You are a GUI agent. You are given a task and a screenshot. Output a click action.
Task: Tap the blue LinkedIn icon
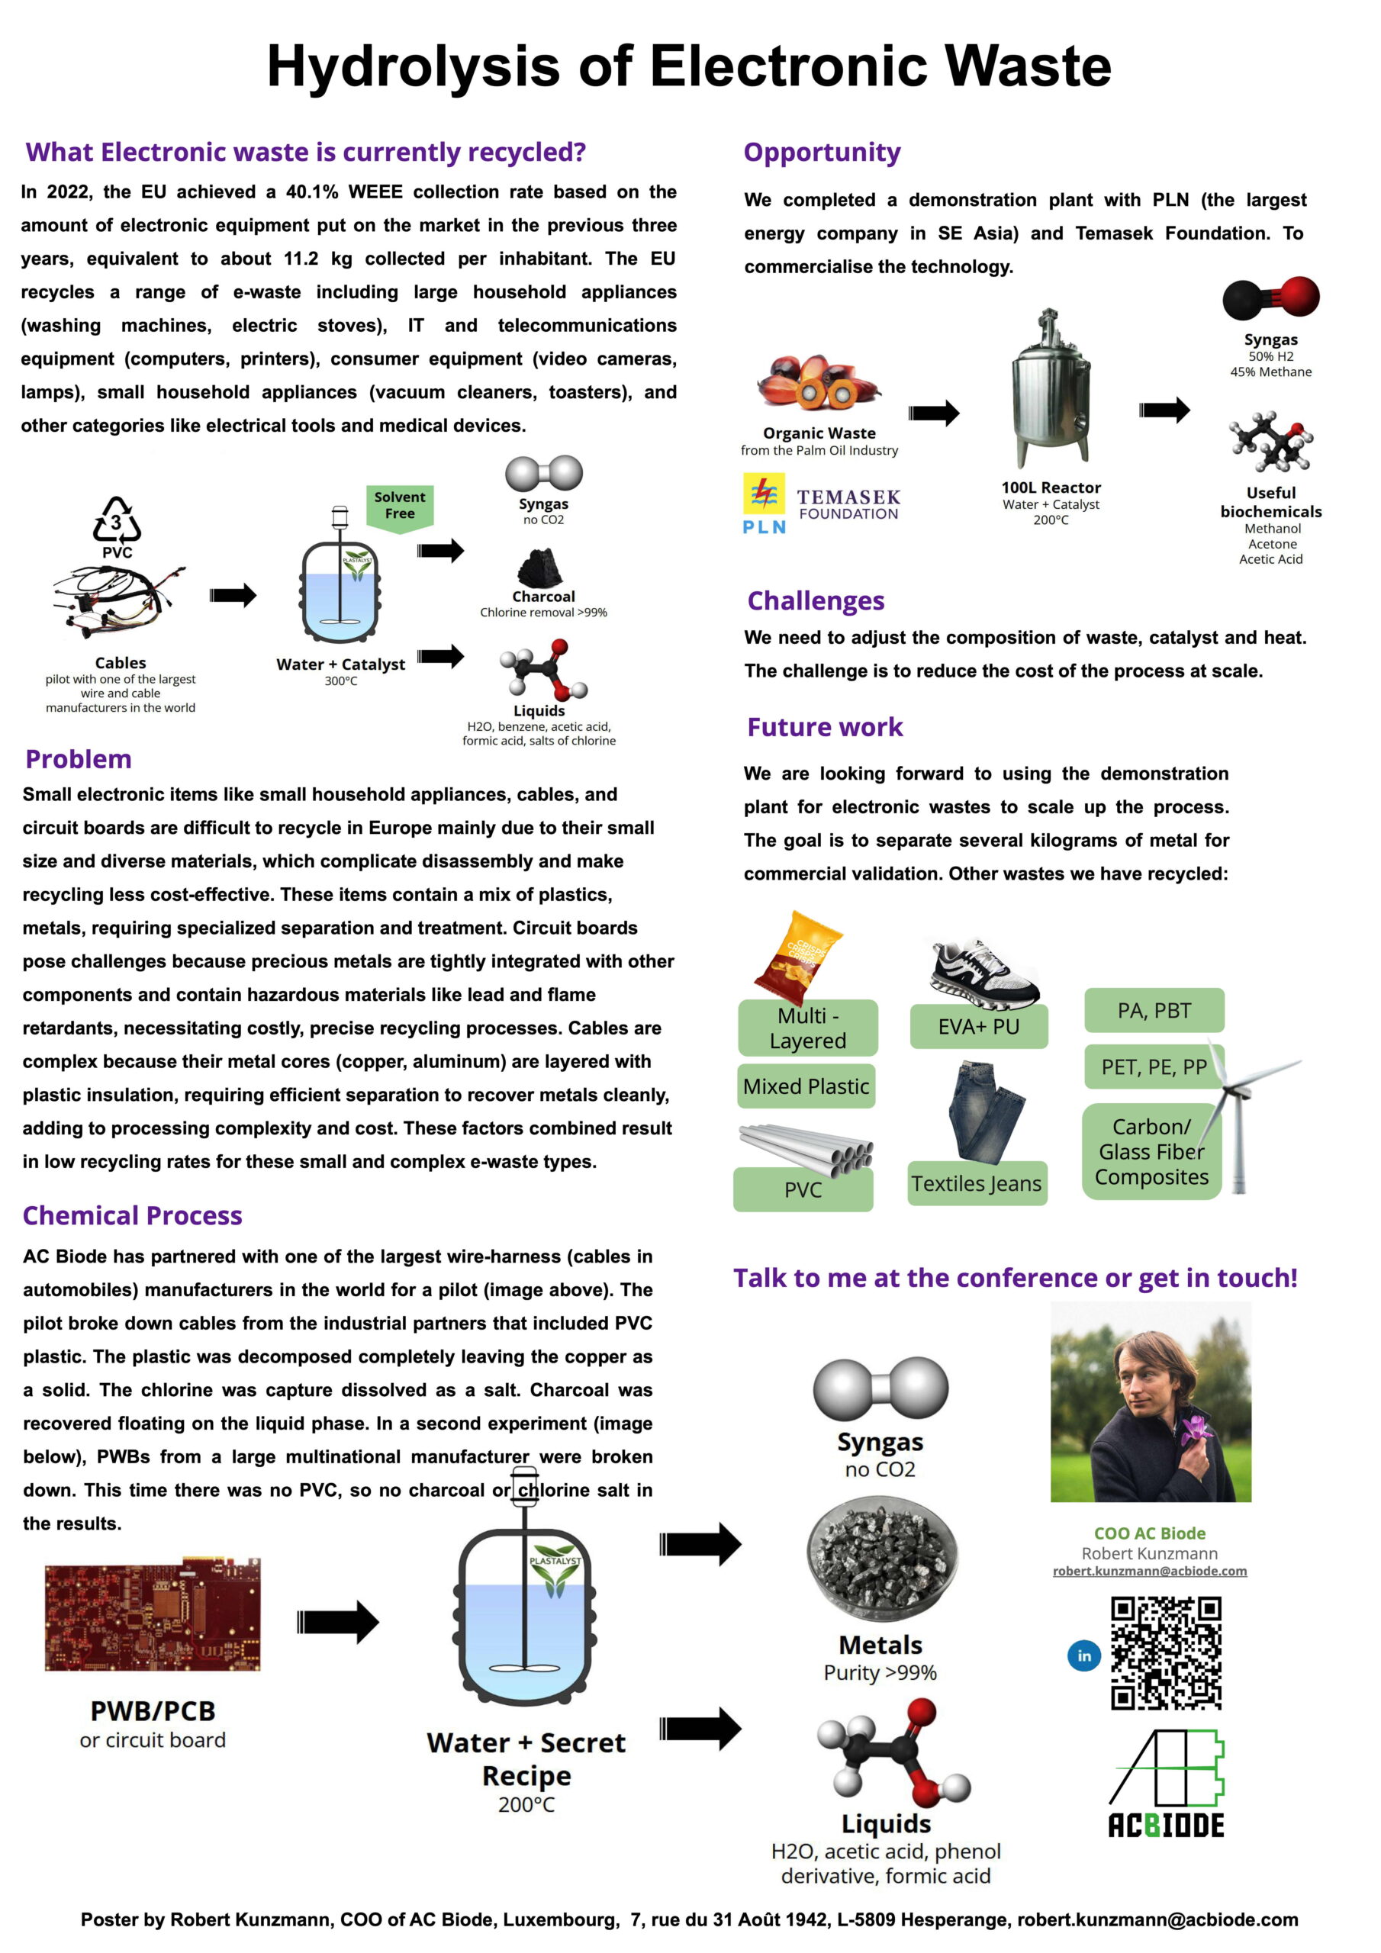[x=1084, y=1655]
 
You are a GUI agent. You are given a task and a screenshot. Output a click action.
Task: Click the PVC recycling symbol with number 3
[x=117, y=520]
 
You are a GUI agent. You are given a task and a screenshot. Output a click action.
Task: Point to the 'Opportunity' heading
[x=821, y=153]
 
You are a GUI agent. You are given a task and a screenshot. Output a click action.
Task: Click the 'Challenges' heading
[x=815, y=600]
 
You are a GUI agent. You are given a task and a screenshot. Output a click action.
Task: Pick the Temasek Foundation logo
[x=848, y=504]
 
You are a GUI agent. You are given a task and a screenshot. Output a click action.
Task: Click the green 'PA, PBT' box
[x=1154, y=1011]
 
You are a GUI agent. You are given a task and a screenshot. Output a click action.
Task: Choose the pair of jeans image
[x=985, y=1110]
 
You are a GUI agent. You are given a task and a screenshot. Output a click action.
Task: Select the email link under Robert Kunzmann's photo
[x=1150, y=1571]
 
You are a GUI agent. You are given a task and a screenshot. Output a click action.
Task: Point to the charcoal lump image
[x=541, y=568]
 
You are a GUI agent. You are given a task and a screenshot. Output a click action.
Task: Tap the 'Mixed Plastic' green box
[x=806, y=1086]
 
